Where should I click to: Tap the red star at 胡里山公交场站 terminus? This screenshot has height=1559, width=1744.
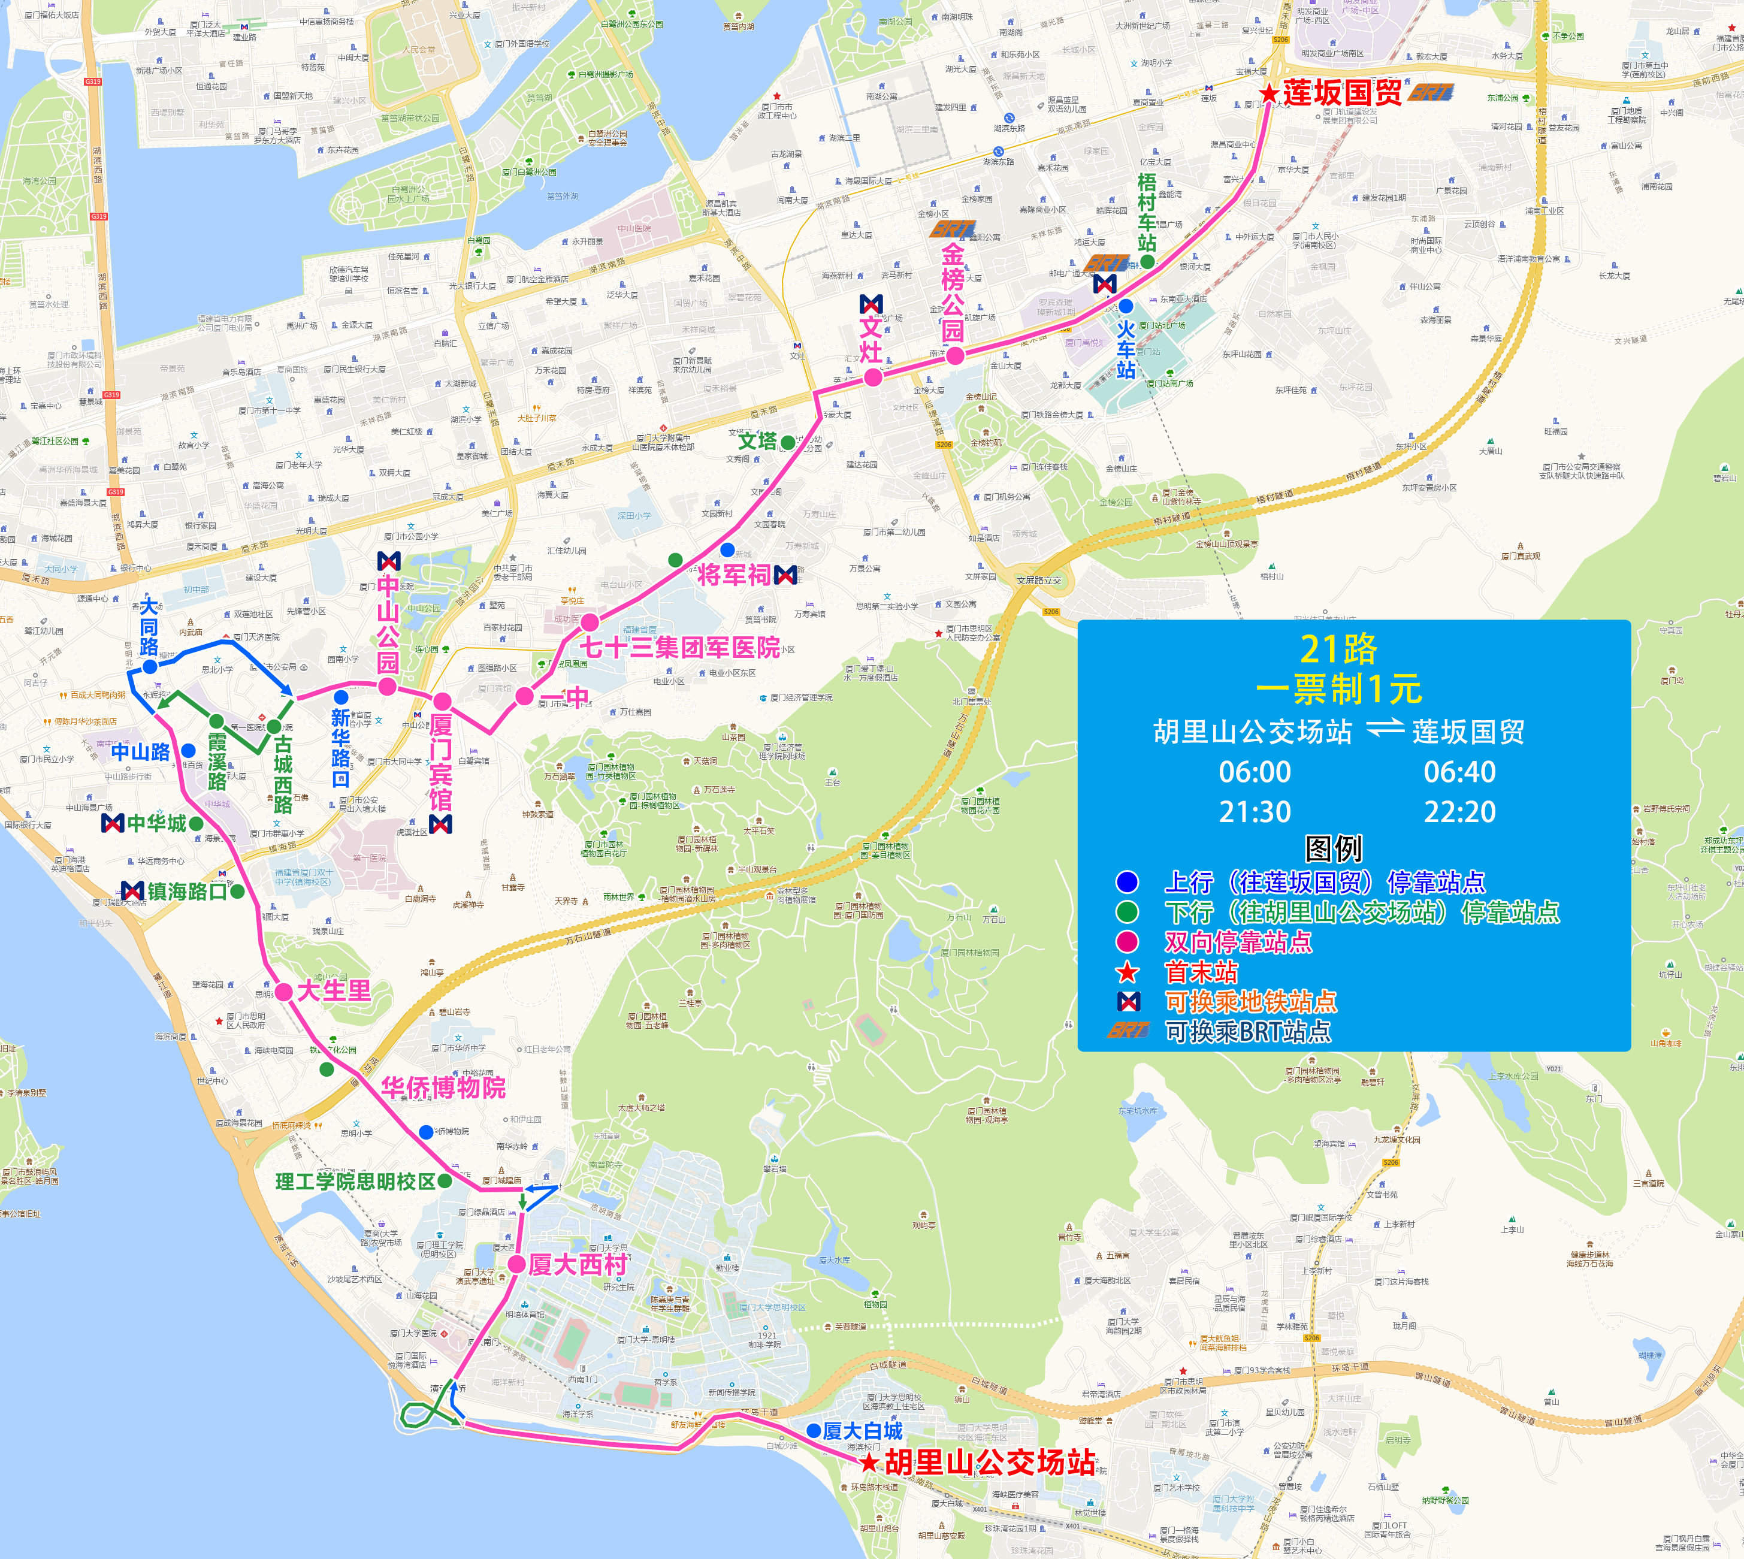869,1463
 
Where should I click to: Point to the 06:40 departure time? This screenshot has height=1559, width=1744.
1459,772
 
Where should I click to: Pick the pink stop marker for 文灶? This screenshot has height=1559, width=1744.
872,377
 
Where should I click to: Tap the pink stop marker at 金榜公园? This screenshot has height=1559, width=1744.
955,355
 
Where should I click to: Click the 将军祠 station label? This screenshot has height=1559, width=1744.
733,575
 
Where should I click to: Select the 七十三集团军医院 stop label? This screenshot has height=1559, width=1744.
680,648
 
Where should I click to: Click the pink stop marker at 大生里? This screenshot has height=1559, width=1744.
283,992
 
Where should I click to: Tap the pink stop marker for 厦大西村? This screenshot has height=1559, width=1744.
516,1264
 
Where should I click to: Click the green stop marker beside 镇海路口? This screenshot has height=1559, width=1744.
237,891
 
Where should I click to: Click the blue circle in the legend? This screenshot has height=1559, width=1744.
1128,881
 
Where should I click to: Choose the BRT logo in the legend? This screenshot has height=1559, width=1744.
1128,1031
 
